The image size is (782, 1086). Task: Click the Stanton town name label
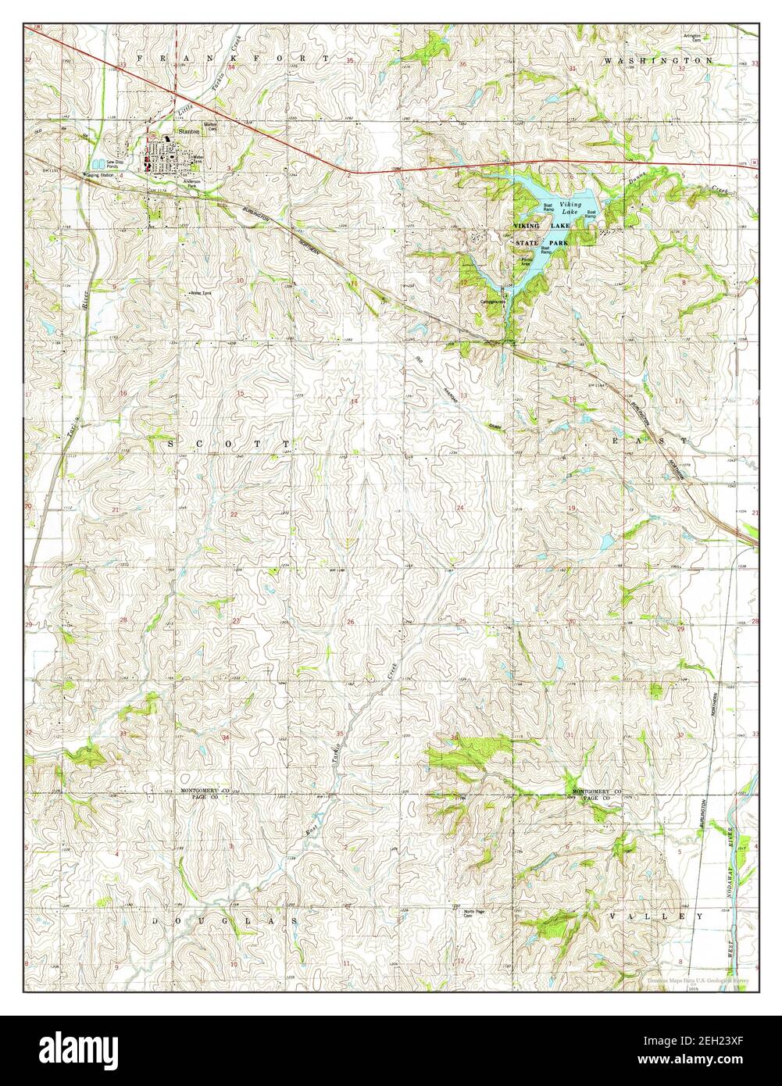point(189,132)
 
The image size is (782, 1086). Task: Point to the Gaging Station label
point(99,175)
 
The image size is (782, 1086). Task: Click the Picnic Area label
point(528,263)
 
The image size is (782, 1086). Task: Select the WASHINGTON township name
point(658,60)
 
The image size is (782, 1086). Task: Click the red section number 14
point(355,402)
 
